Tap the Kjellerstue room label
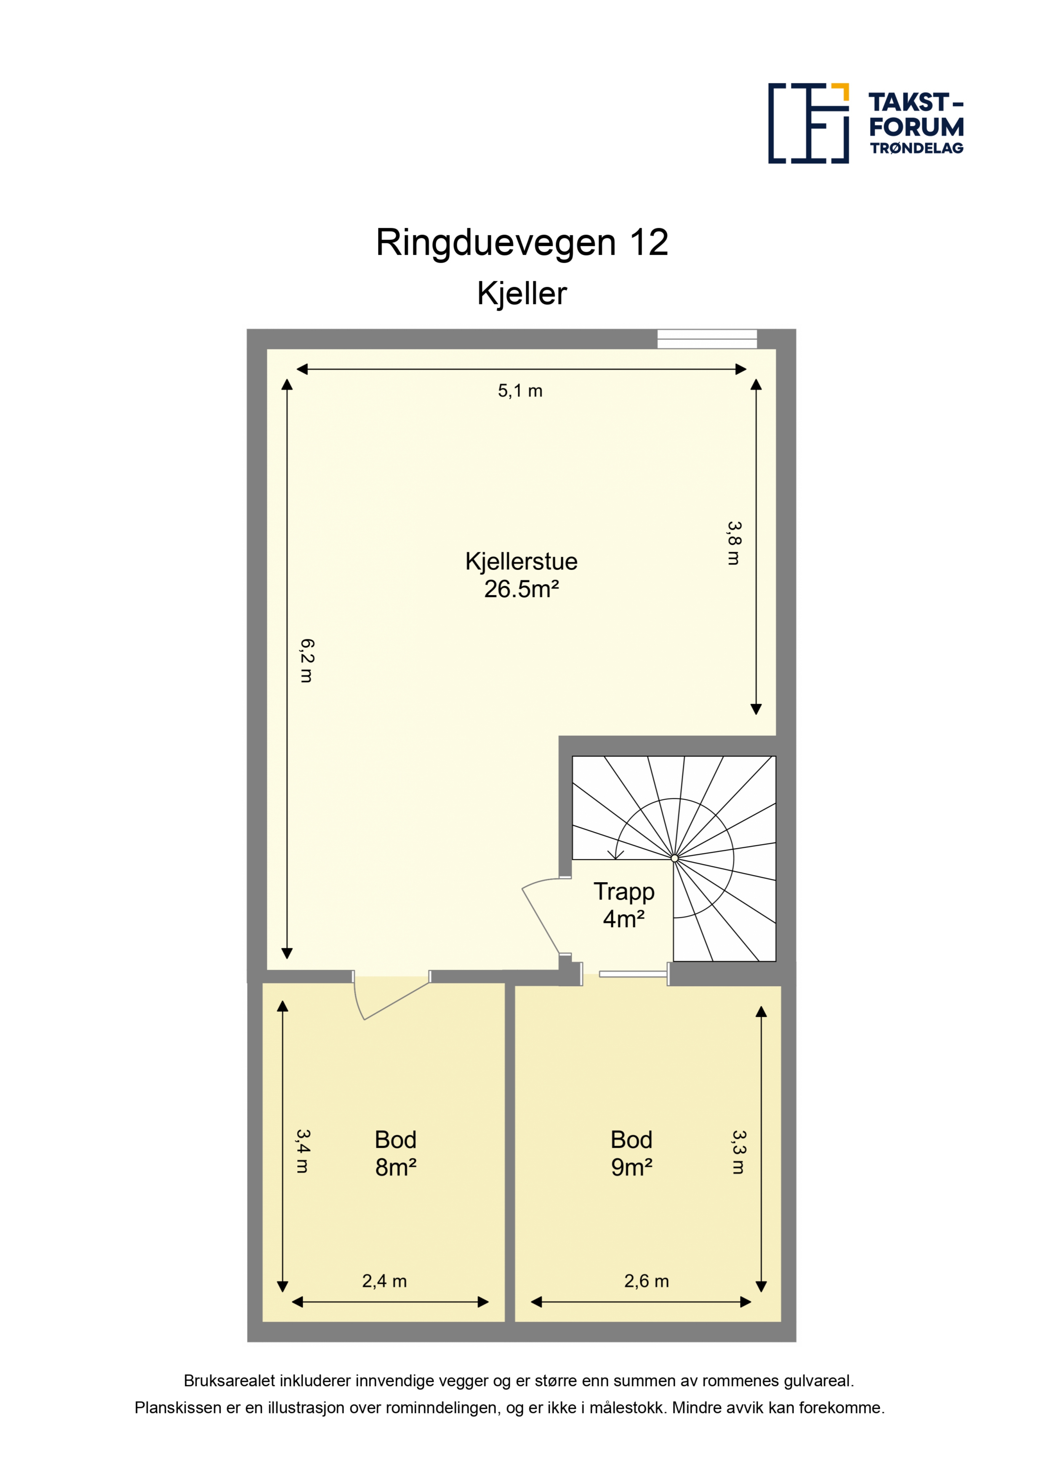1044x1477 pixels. pos(521,562)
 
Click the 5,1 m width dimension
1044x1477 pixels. pos(520,391)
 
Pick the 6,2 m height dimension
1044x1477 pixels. pos(307,661)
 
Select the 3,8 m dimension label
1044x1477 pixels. pos(734,543)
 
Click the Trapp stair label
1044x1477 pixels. pos(624,892)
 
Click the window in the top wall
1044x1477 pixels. pos(707,339)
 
